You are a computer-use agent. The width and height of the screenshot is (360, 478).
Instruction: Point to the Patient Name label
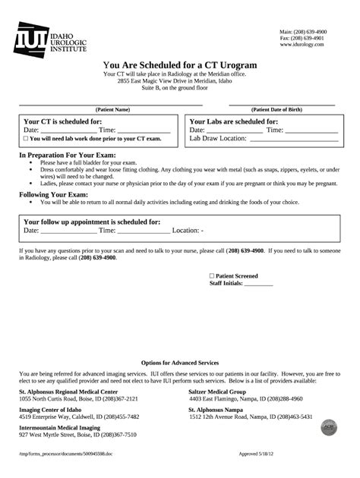112,109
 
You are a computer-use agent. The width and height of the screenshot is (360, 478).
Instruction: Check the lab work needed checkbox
26,139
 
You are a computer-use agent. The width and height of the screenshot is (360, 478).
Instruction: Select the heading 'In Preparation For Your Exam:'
67,155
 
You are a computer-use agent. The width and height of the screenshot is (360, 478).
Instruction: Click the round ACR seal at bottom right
329,427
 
